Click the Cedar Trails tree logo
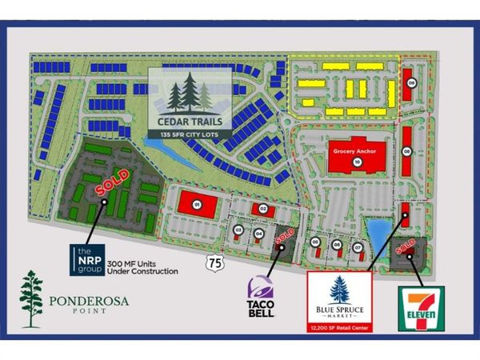(190, 95)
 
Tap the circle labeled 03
(238, 231)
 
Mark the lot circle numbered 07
(358, 245)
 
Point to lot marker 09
(411, 83)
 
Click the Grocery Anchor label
(356, 150)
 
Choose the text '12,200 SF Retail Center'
(339, 328)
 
